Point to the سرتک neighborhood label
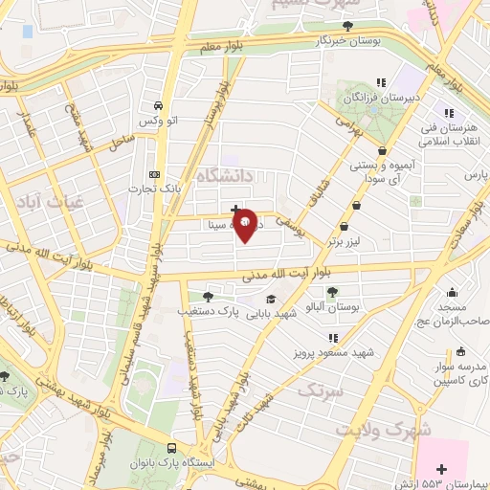[x=322, y=390]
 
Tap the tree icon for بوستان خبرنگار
[x=348, y=27]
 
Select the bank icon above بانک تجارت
[x=154, y=174]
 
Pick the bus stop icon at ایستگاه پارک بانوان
[x=171, y=448]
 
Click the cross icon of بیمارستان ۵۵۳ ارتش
[x=441, y=469]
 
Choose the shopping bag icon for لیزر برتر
[x=357, y=204]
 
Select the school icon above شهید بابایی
[x=271, y=299]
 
